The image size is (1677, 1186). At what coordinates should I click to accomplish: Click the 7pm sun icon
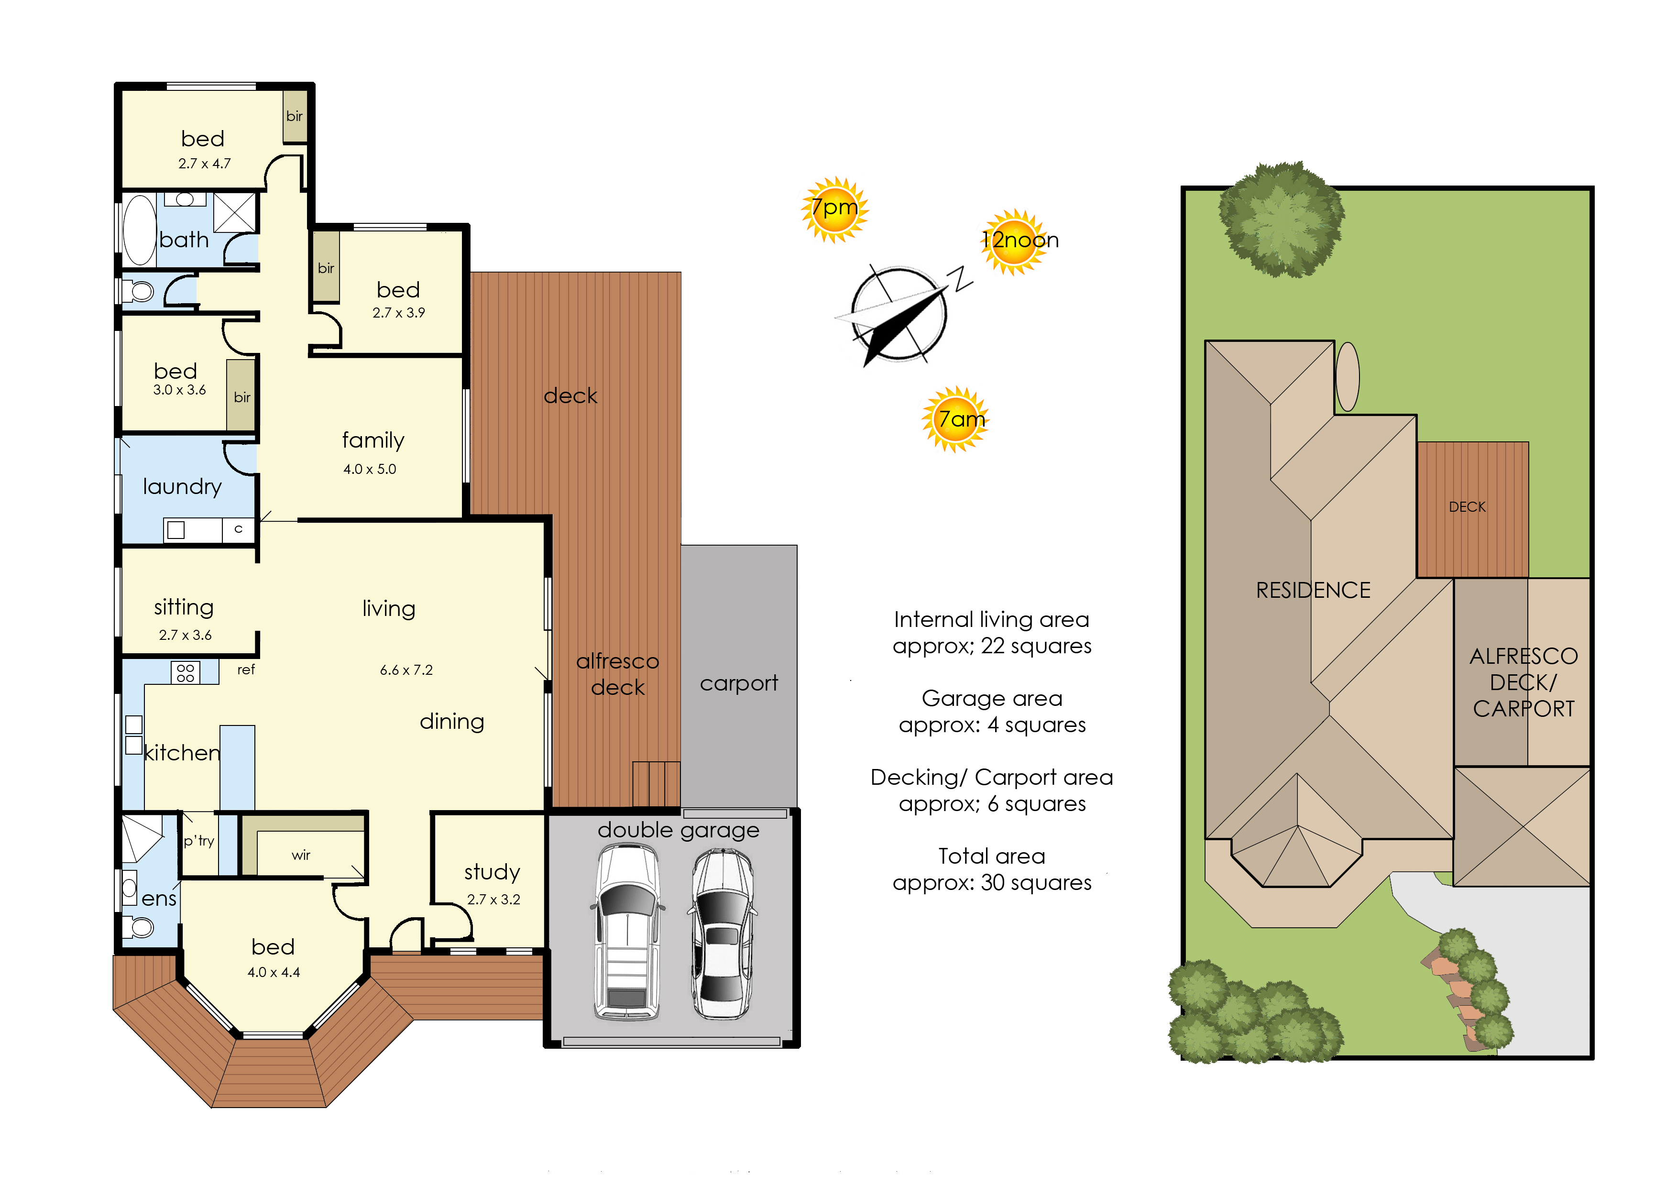(835, 209)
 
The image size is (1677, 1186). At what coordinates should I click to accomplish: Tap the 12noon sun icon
(1015, 242)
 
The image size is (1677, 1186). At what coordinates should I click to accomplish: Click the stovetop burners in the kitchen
(186, 672)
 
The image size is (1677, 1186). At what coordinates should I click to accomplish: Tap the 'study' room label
(492, 873)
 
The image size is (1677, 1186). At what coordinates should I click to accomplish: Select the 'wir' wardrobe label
(301, 855)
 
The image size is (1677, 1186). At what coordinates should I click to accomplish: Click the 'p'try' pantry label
(198, 841)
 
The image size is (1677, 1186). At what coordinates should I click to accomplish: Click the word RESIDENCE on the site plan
(1313, 590)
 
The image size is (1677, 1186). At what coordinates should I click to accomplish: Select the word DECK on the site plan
(1468, 507)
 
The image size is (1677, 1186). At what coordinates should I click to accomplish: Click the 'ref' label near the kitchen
(246, 670)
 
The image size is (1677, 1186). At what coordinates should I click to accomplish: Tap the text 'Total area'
(992, 856)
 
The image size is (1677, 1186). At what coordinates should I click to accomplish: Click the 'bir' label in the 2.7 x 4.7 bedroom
(295, 116)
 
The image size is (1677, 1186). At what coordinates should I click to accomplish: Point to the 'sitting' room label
(184, 608)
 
